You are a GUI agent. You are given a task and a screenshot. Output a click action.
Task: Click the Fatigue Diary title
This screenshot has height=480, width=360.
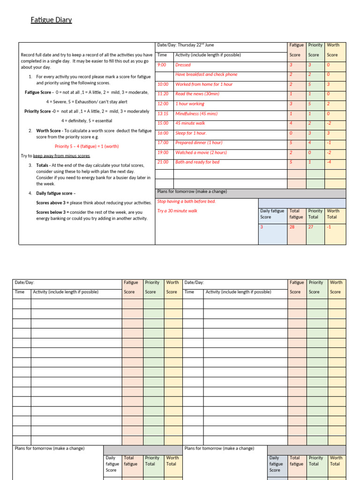pos(51,20)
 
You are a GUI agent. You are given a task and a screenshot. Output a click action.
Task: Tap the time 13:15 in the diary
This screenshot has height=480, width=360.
pos(163,113)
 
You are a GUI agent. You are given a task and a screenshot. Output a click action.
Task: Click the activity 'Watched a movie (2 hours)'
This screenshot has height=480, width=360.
pos(201,152)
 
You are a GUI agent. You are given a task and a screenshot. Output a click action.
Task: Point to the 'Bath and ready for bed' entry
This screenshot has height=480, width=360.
pos(197,162)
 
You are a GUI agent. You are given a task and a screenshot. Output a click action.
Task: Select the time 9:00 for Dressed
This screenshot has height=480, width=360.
pos(162,65)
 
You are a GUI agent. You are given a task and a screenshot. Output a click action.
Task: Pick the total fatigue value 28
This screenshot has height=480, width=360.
pos(292,227)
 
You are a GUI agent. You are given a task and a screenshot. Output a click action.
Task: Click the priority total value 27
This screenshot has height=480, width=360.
pos(311,227)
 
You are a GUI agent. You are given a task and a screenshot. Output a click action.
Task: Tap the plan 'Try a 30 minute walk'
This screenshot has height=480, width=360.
pos(177,211)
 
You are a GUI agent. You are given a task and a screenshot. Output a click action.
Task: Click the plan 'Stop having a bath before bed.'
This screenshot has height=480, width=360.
pos(186,201)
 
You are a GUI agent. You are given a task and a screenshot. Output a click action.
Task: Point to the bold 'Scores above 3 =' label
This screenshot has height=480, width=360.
pos(52,203)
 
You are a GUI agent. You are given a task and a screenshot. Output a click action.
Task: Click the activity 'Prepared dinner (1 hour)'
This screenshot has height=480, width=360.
pos(199,142)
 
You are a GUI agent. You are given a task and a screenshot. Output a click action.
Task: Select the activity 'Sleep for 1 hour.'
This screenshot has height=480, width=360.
pos(191,133)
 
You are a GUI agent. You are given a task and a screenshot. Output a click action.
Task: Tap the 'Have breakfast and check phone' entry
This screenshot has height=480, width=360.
pos(206,75)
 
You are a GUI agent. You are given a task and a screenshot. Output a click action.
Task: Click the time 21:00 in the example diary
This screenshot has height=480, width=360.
pos(163,162)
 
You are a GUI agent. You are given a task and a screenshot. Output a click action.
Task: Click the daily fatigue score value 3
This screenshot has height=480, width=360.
pos(262,227)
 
